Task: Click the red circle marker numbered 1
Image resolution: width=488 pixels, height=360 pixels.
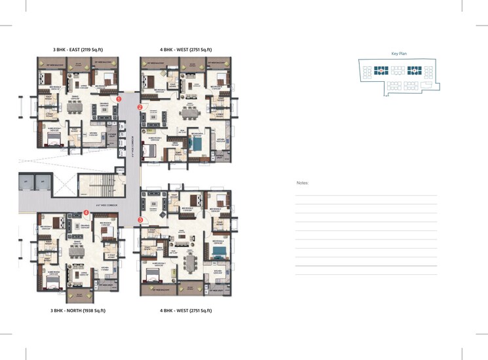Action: pos(119,99)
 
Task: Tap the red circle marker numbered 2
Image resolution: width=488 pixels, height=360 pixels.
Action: pos(140,107)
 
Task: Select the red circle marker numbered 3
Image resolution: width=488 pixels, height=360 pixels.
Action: pos(140,220)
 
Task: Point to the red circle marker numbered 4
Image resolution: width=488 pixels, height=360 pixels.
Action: pos(86,212)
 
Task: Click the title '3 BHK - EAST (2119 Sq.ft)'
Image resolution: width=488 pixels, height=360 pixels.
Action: pos(77,50)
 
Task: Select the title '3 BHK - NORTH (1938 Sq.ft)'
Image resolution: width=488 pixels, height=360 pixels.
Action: pos(79,310)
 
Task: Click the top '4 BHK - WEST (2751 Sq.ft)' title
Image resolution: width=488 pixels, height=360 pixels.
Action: pos(186,50)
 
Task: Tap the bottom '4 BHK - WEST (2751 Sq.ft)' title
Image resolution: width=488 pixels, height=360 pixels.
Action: pos(186,310)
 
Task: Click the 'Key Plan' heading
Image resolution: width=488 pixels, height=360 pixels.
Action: pos(399,54)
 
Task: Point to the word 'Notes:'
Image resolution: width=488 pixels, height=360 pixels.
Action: pos(302,183)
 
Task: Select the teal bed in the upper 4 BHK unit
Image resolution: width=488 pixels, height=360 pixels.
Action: pos(196,143)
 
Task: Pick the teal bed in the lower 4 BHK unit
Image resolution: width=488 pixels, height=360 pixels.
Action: pos(219,250)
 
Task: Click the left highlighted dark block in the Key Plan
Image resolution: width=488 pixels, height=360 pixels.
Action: pos(381,71)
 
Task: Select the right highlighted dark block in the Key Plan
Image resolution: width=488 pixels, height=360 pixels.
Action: pos(414,71)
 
